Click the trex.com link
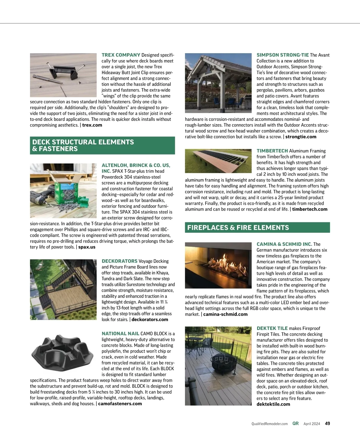(92, 125)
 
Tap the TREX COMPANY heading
(121, 55)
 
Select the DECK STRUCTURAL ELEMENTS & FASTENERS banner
(102, 145)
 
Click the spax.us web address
(87, 247)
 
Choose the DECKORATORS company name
(119, 261)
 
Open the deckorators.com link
(150, 319)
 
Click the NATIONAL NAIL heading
(120, 334)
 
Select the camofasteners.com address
(120, 403)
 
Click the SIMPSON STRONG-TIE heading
(283, 55)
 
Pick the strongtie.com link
(301, 137)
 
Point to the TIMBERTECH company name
(272, 151)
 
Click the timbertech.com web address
(310, 209)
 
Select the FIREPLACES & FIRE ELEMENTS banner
(257, 227)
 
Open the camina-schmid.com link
(225, 314)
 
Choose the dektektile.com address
(273, 404)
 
